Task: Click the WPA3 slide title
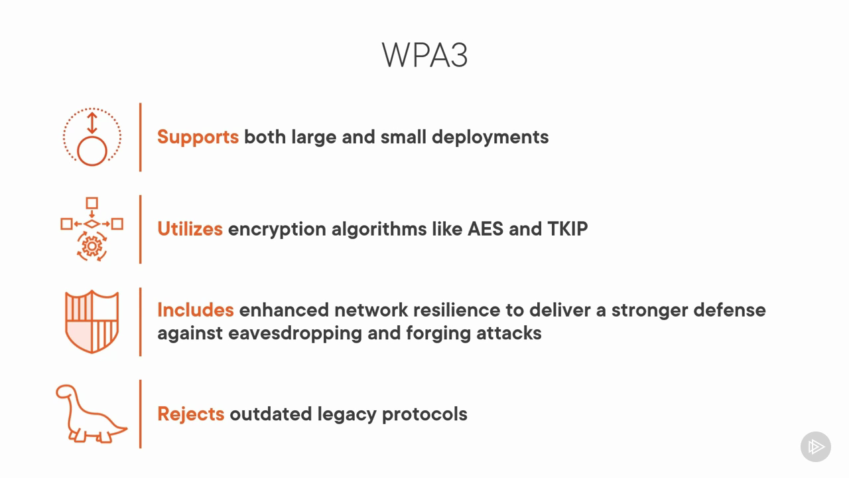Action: [424, 55]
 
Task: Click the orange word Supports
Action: [198, 137]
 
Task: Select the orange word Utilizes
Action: [190, 229]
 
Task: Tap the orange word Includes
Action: [196, 310]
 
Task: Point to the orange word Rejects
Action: [190, 414]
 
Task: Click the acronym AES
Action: [485, 229]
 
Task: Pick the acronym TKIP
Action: [567, 229]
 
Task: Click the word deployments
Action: [490, 137]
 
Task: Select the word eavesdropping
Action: [295, 334]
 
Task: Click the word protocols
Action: [424, 414]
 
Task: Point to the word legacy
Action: [347, 414]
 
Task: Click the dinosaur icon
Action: [92, 414]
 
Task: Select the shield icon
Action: [92, 322]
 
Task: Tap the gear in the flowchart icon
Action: [92, 246]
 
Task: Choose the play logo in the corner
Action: [816, 447]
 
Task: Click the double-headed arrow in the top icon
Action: [92, 123]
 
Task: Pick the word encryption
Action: [277, 230]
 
